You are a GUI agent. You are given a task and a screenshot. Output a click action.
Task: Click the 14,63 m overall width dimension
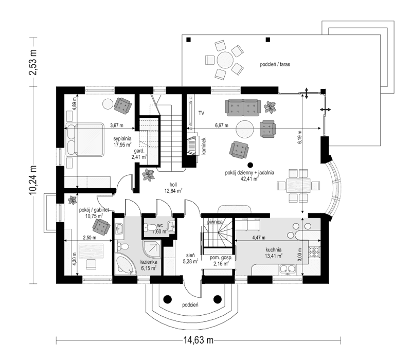[198, 340]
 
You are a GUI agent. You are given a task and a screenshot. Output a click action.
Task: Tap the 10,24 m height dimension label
[34, 179]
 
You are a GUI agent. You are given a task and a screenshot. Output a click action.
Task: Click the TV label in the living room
[202, 113]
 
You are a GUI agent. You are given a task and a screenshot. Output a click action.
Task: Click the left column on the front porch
[167, 297]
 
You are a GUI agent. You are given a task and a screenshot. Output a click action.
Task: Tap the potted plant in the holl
[148, 175]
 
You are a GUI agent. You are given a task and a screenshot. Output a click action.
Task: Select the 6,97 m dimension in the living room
[222, 125]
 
